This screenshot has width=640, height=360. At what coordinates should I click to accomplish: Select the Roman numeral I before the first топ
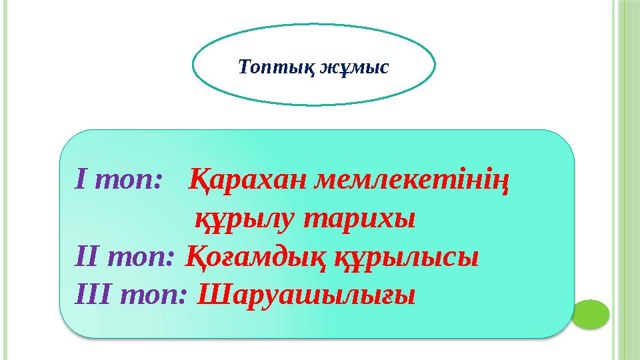click(x=82, y=178)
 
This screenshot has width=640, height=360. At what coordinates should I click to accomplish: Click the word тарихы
click(x=359, y=219)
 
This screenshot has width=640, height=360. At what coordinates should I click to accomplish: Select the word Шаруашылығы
click(x=307, y=295)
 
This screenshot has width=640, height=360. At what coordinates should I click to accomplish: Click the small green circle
click(x=590, y=314)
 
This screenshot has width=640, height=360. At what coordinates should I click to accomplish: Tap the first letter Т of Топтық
click(x=244, y=66)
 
